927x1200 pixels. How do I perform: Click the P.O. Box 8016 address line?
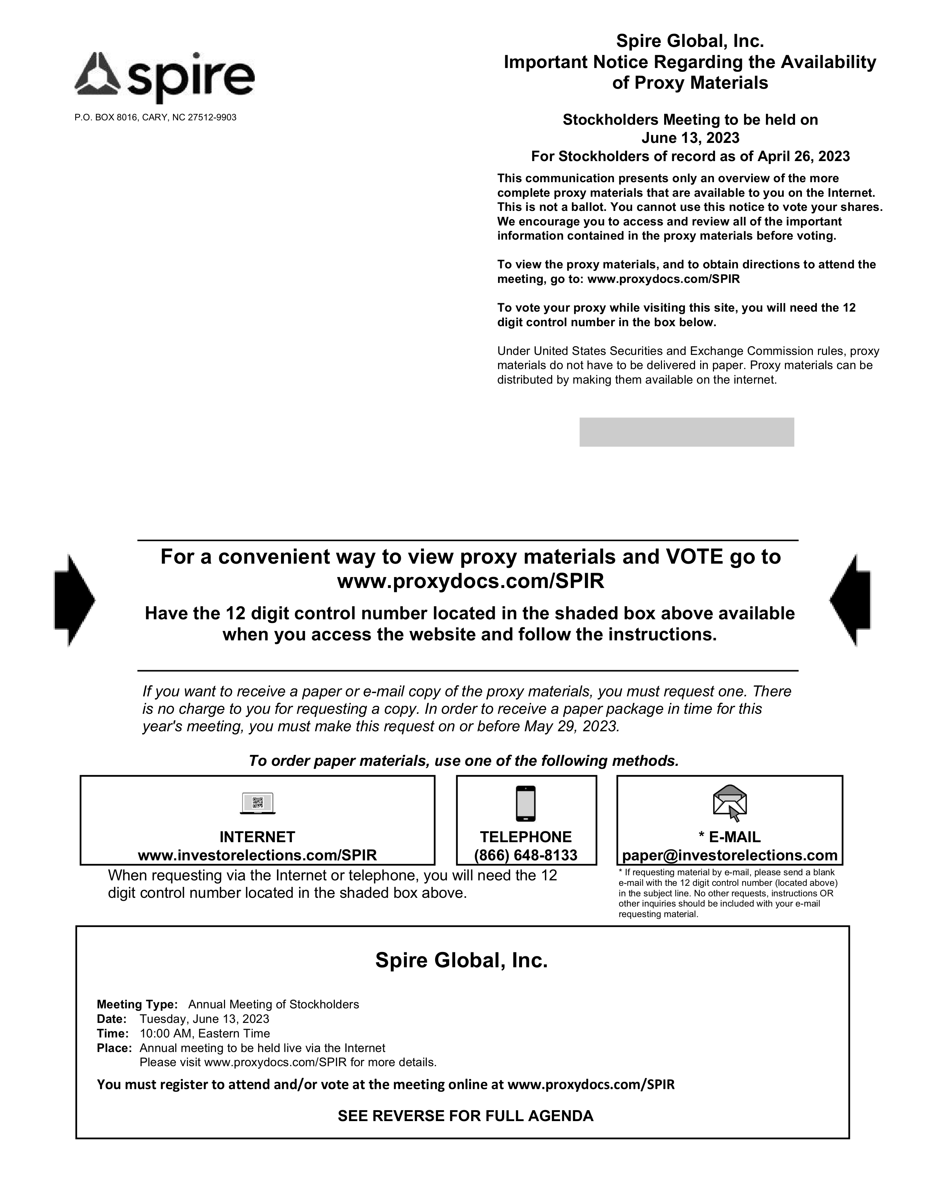tap(156, 117)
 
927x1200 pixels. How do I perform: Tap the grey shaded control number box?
tap(686, 432)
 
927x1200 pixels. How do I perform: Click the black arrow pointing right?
tap(74, 599)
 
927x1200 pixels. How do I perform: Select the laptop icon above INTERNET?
tap(258, 803)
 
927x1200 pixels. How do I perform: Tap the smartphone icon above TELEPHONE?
tap(526, 803)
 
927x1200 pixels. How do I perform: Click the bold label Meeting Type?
tap(137, 1004)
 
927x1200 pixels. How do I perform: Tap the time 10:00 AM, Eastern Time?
tap(205, 1033)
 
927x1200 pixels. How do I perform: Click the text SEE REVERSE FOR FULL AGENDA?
tap(465, 1116)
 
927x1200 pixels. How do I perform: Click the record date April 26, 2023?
tap(803, 157)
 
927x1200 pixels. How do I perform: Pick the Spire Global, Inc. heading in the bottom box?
tap(461, 960)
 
